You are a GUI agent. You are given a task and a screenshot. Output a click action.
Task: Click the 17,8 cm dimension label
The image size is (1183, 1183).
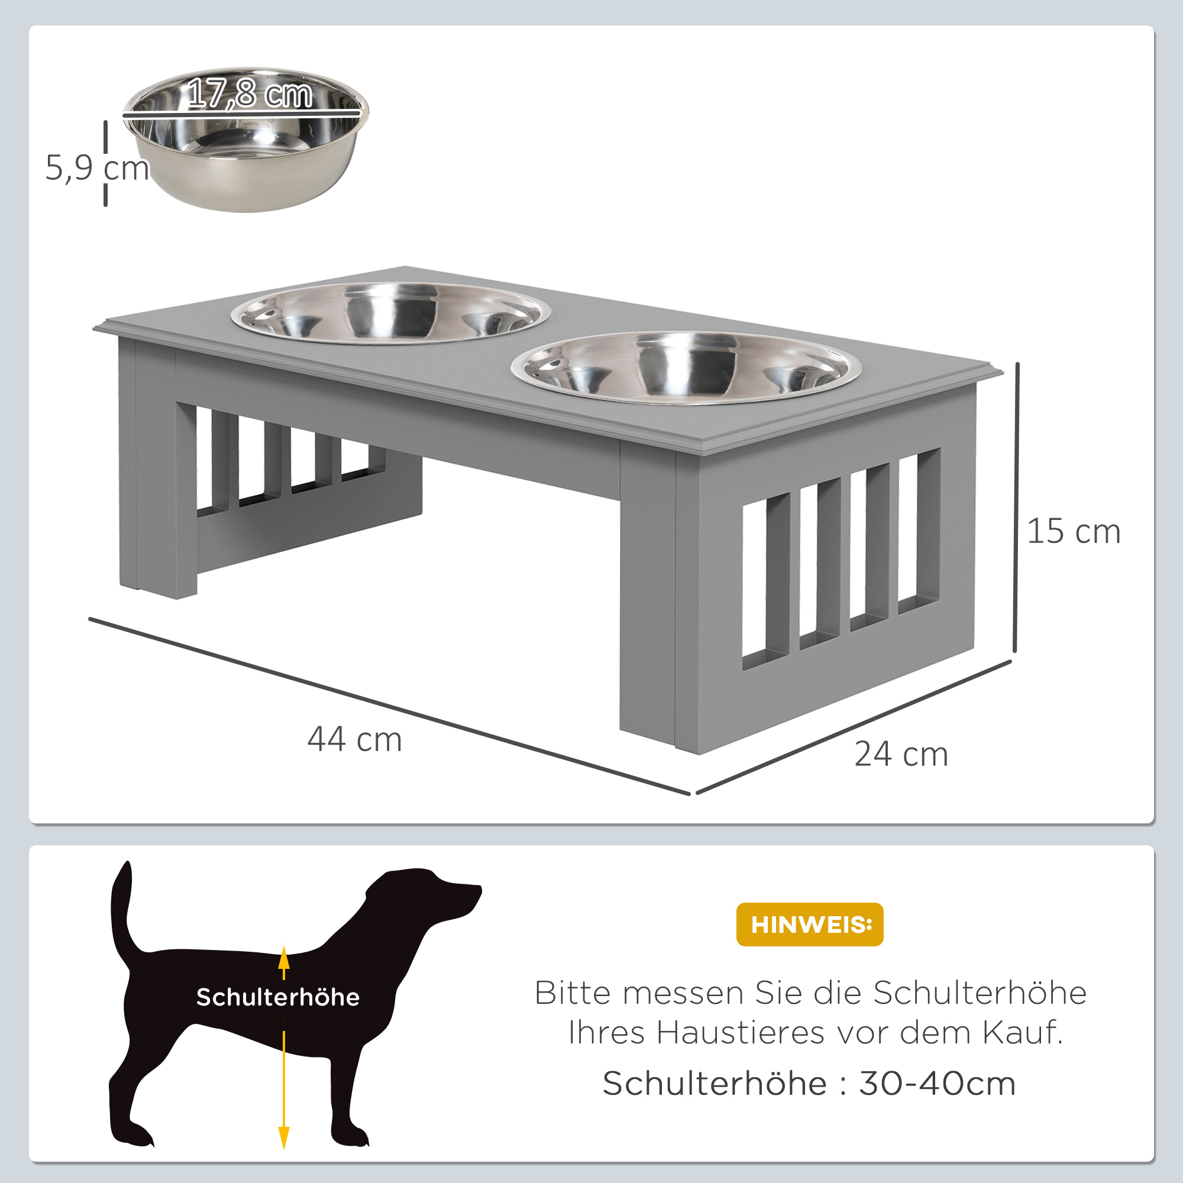[x=249, y=94]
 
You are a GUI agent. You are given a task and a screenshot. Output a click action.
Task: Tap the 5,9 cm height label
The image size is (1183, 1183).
[x=97, y=168]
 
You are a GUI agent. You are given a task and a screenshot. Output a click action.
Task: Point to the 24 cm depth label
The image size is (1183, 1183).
[x=901, y=754]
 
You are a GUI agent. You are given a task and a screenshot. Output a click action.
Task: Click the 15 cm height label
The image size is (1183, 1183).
[x=1074, y=531]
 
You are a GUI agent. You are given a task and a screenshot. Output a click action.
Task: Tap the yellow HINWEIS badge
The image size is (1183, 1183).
[x=810, y=924]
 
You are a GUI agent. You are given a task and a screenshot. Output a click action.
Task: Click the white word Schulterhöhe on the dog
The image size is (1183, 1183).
[x=278, y=997]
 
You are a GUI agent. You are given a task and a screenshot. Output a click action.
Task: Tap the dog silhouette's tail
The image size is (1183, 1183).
[x=121, y=906]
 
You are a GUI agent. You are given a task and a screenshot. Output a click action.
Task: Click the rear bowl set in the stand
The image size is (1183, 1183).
[x=390, y=313]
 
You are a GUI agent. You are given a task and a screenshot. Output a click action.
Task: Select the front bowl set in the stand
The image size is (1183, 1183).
[x=686, y=367]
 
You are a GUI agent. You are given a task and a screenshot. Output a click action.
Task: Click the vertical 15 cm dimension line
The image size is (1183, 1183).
[x=1016, y=508]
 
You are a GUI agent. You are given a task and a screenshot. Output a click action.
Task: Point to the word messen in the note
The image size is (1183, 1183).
[x=683, y=993]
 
